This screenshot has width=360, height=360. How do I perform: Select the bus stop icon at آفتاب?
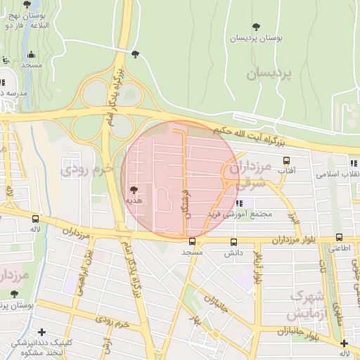point(285,160)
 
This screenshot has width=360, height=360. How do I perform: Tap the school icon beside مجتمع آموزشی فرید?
point(239,203)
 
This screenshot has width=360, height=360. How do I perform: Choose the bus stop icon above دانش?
point(233,241)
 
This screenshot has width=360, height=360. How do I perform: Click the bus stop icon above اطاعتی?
point(340,238)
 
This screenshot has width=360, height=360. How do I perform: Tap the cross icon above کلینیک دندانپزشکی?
point(42,332)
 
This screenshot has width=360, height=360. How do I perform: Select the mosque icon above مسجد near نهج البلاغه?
point(31,55)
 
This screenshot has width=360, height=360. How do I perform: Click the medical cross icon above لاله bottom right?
point(344,343)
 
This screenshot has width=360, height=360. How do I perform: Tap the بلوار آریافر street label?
point(258,267)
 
